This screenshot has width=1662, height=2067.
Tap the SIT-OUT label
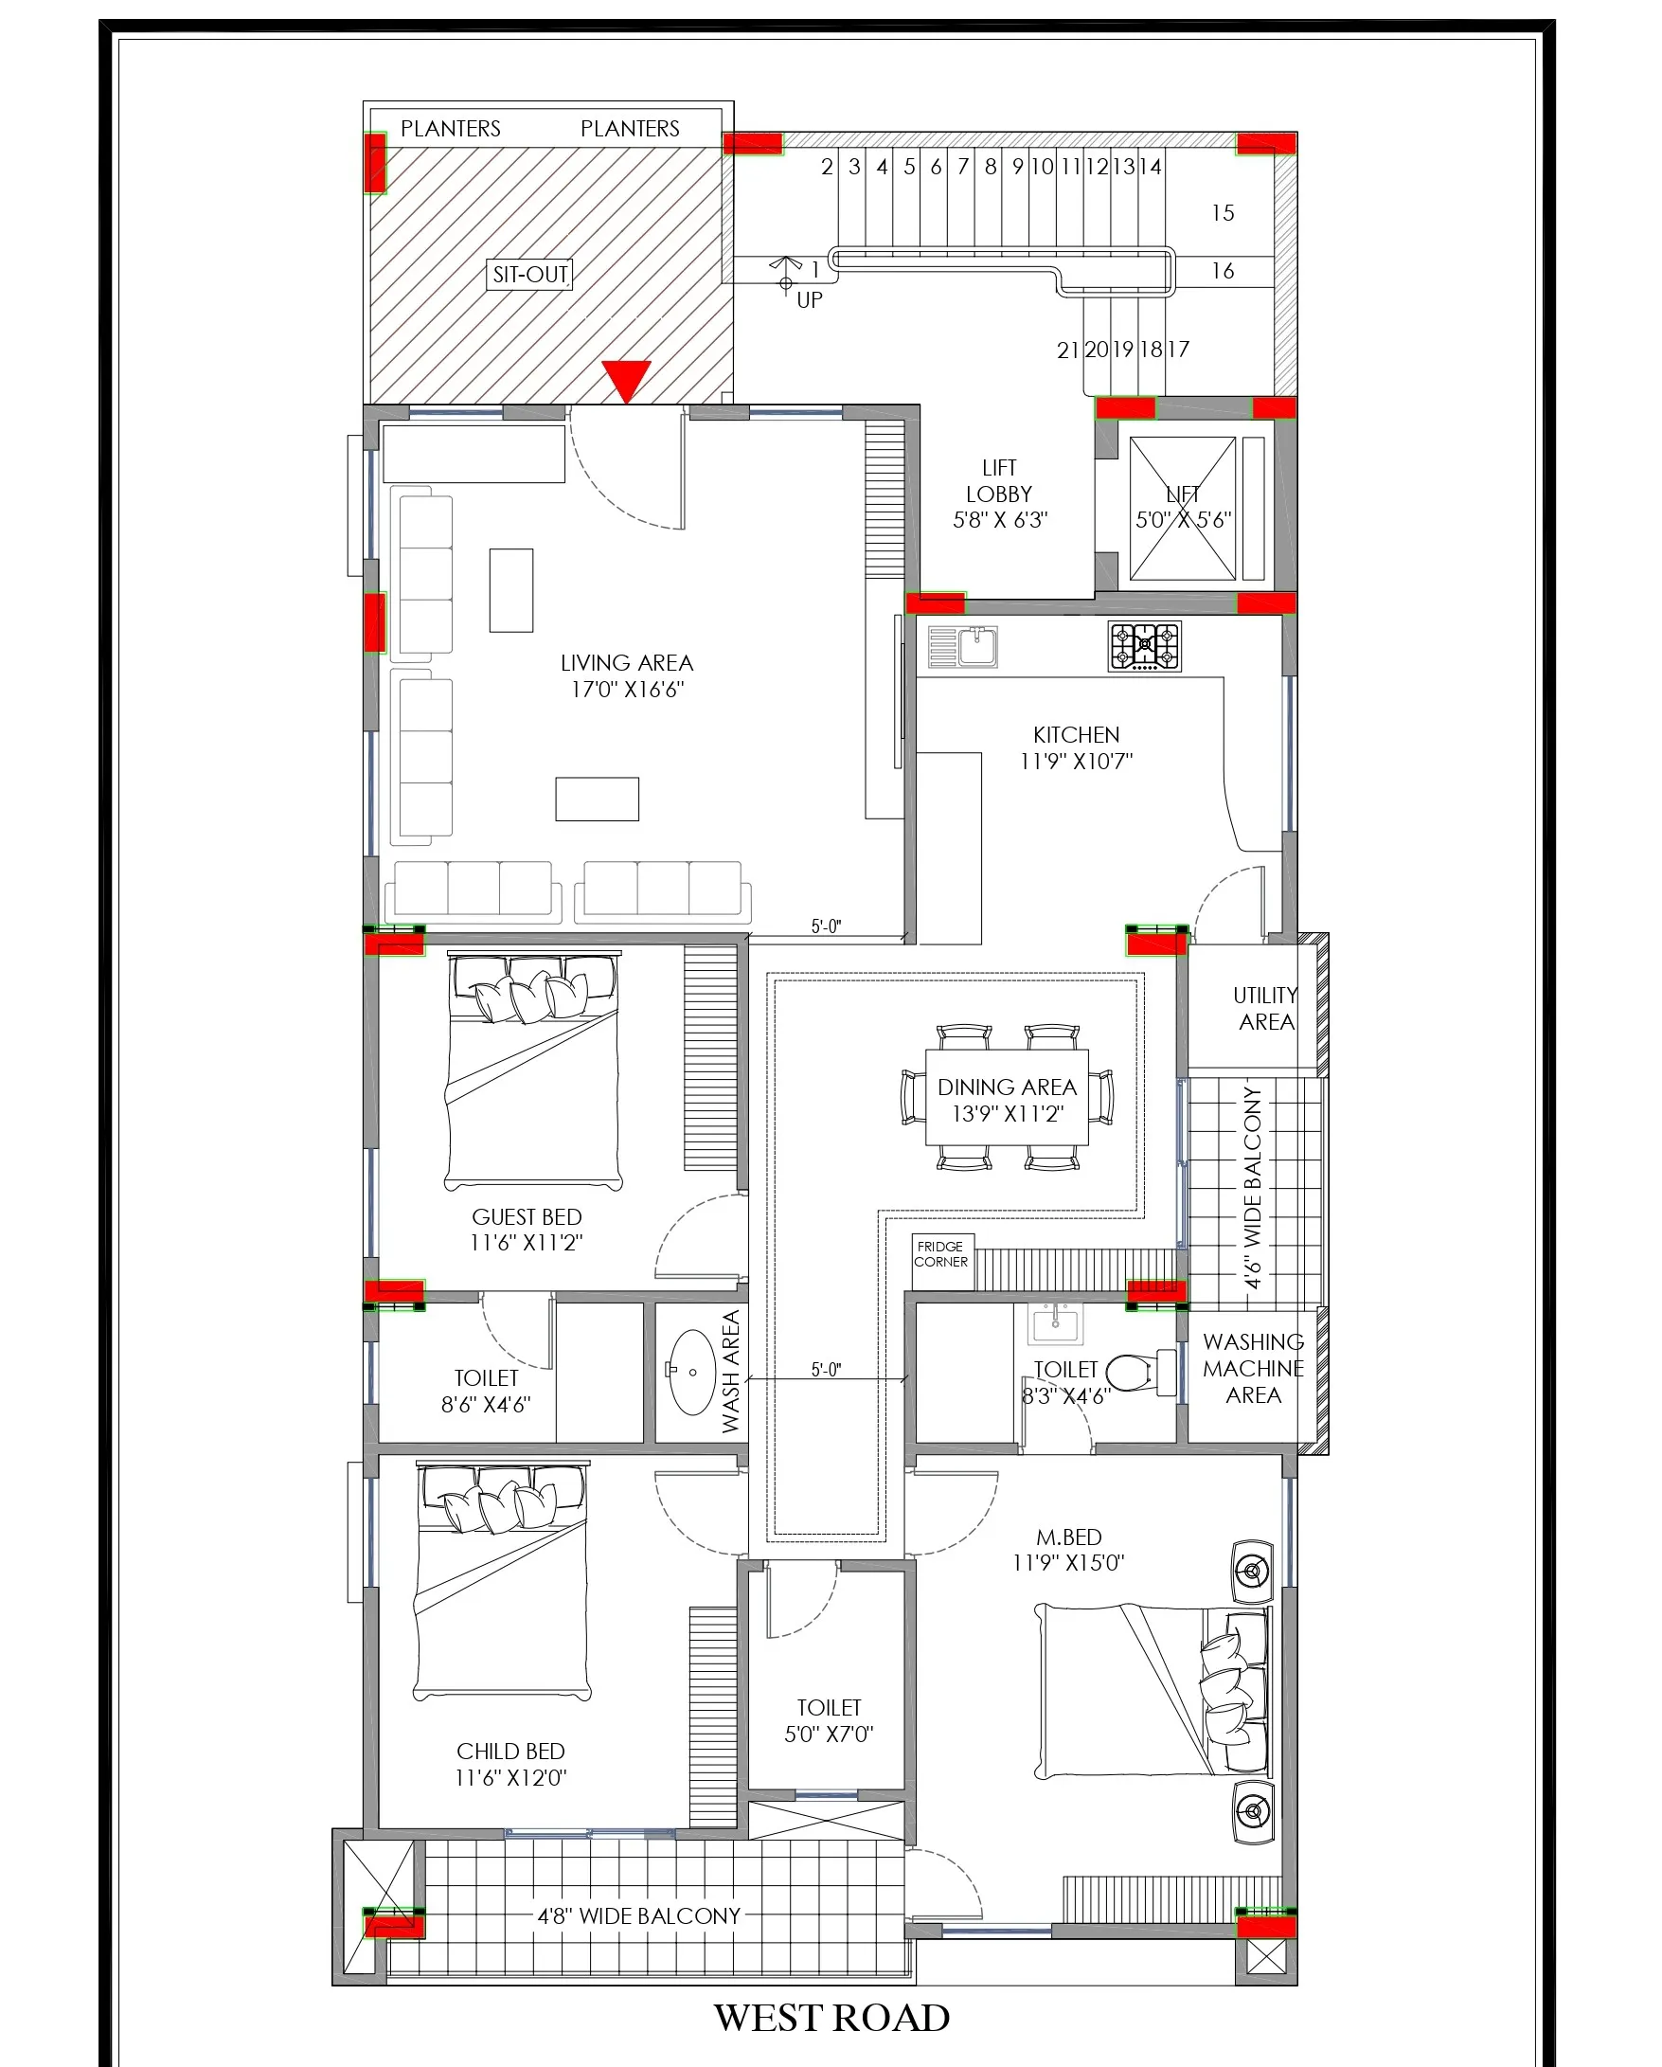pyautogui.click(x=530, y=274)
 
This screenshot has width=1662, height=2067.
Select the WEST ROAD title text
pyautogui.click(x=831, y=2017)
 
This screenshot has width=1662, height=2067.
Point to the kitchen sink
pyautogui.click(x=963, y=646)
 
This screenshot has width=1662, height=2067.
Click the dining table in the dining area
pyautogui.click(x=1007, y=1098)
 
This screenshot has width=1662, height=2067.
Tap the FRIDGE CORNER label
pyautogui.click(x=940, y=1254)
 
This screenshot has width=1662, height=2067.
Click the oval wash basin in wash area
pyautogui.click(x=691, y=1372)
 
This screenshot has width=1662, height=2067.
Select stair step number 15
pyautogui.click(x=1222, y=213)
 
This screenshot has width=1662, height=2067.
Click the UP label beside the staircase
pyautogui.click(x=809, y=300)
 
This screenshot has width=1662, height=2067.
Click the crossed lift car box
pyautogui.click(x=1183, y=509)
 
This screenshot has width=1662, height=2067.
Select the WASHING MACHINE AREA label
pyautogui.click(x=1253, y=1368)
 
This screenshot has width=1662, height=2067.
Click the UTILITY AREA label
pyautogui.click(x=1265, y=1009)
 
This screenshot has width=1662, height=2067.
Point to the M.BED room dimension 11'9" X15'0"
pyautogui.click(x=1067, y=1563)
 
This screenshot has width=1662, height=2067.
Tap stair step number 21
pyautogui.click(x=1067, y=350)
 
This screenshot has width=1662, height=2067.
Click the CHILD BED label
pyautogui.click(x=510, y=1752)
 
